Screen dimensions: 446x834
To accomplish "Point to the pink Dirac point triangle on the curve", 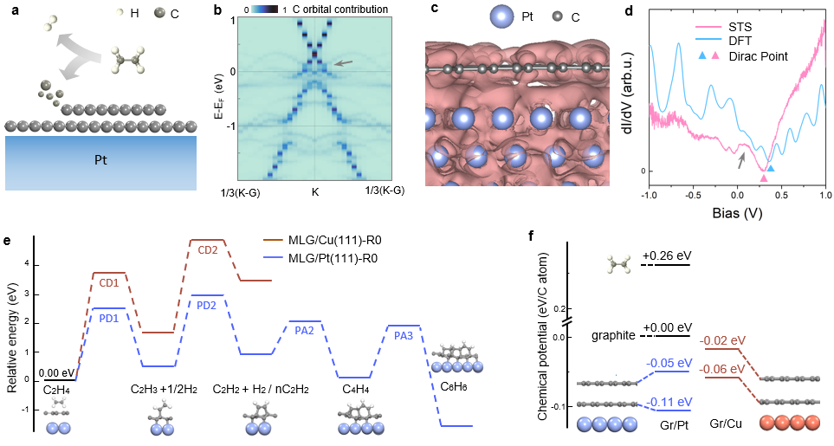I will [763, 178].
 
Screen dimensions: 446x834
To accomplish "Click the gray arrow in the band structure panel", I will [344, 62].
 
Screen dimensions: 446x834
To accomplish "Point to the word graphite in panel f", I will [613, 334].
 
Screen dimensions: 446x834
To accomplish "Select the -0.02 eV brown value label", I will [717, 340].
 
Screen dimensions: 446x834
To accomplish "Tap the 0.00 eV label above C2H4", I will [61, 372].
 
